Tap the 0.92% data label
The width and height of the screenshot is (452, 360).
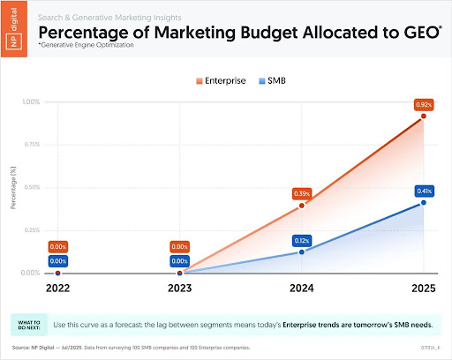point(423,104)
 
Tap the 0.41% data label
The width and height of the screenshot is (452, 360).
point(423,191)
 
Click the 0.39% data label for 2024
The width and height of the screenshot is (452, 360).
point(302,193)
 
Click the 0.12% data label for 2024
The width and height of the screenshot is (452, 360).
point(302,239)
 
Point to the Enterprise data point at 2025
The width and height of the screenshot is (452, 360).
point(423,116)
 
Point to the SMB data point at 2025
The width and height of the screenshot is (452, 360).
point(423,203)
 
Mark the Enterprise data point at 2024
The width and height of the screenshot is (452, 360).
point(302,206)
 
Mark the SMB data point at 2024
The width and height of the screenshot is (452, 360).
point(302,251)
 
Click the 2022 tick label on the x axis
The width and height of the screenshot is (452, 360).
point(57,288)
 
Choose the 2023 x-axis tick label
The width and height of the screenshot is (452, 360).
point(179,288)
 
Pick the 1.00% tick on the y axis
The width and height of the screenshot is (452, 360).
point(30,101)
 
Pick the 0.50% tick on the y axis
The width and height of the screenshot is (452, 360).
point(30,187)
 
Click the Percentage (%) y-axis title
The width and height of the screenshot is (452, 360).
point(13,187)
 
